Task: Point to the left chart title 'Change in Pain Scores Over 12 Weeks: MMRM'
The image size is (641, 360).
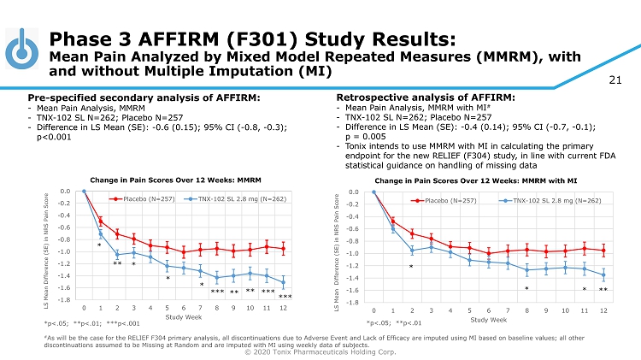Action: (175, 179)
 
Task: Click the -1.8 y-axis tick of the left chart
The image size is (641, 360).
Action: (64, 300)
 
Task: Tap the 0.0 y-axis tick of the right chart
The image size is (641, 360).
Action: (355, 192)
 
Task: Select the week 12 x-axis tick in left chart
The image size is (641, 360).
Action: (283, 307)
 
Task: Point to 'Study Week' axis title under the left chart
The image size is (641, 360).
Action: (183, 316)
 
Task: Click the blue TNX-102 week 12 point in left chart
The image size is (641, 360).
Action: (283, 282)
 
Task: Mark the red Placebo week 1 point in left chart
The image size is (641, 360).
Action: (100, 221)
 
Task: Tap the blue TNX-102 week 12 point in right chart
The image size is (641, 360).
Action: (603, 275)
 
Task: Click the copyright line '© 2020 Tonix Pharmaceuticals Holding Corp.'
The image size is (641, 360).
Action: (320, 351)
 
